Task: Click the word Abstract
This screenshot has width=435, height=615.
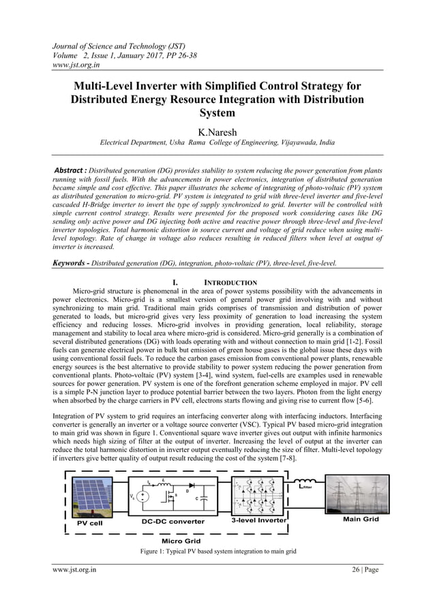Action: tap(75, 168)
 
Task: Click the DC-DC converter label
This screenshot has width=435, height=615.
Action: tap(172, 522)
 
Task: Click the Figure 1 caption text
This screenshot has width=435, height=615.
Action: tap(217, 550)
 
